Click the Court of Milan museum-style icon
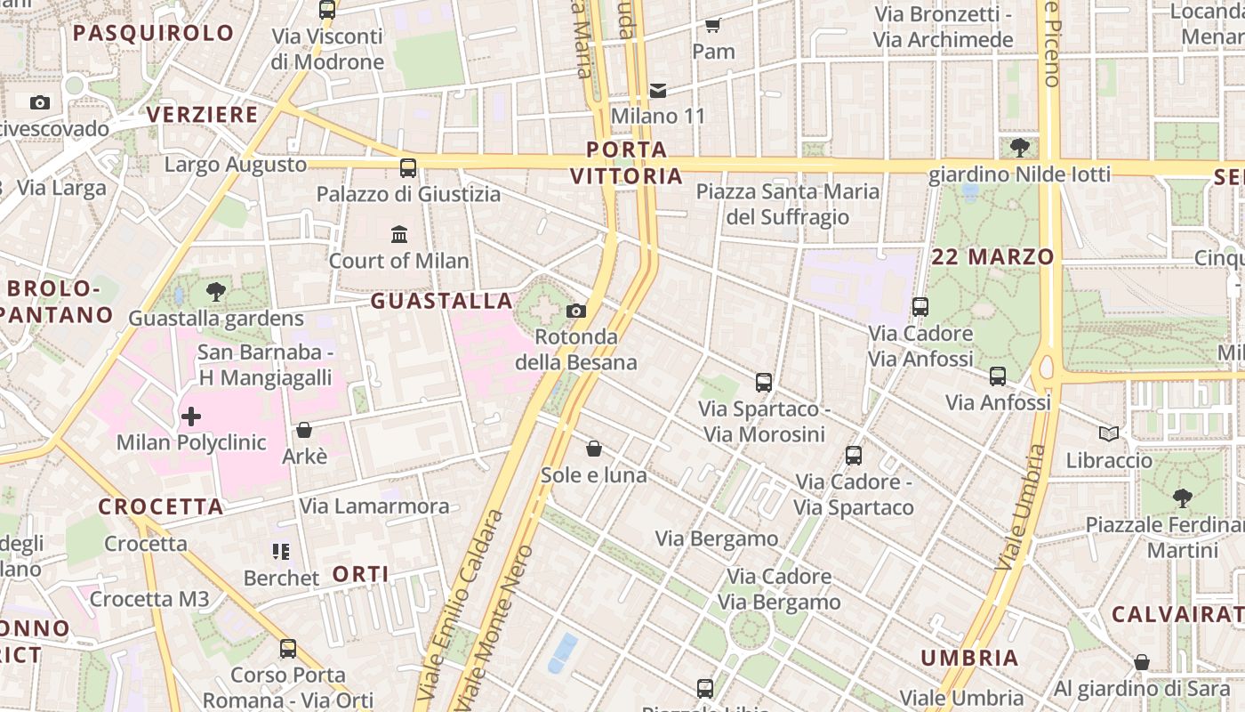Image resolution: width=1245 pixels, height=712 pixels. [x=399, y=235]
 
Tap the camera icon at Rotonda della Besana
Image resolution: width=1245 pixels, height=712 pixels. [x=576, y=311]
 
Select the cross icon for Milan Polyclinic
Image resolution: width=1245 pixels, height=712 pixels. [x=191, y=416]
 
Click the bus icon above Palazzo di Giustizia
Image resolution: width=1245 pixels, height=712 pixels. [x=408, y=167]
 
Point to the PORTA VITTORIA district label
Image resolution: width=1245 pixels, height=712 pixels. [x=627, y=163]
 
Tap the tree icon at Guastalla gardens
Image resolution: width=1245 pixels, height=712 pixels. [x=215, y=291]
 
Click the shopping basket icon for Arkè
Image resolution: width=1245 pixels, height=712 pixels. [x=304, y=430]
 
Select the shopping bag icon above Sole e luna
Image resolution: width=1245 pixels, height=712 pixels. [x=594, y=449]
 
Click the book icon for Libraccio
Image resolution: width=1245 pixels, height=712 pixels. [x=1108, y=433]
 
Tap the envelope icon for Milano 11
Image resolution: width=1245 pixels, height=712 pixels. [x=658, y=90]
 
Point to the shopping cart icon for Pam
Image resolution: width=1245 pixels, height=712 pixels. [x=712, y=25]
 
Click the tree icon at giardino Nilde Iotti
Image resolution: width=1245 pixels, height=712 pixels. [x=1019, y=147]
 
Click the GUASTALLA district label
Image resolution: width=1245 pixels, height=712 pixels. [x=442, y=301]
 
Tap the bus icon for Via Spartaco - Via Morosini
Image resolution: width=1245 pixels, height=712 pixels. [x=764, y=383]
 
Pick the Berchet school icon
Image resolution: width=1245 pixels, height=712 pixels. [x=281, y=552]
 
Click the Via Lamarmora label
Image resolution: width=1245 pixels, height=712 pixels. [x=374, y=506]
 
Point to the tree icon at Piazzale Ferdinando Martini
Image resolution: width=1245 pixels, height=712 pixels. [x=1182, y=498]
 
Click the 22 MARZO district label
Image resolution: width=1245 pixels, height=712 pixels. [x=992, y=257]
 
